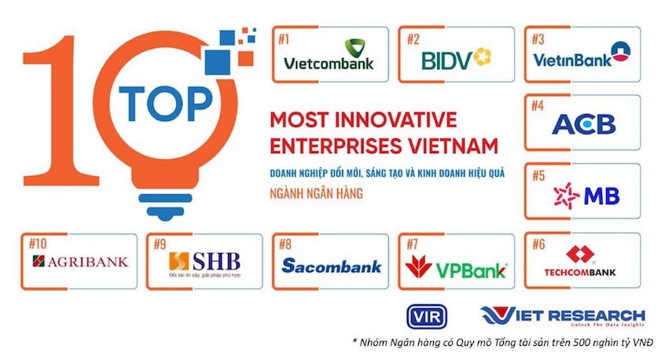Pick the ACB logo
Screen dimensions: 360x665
584,124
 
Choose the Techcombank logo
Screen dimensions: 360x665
582,262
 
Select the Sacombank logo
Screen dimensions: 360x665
331,266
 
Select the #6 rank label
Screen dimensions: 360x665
538,242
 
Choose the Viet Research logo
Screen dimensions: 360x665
562,315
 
